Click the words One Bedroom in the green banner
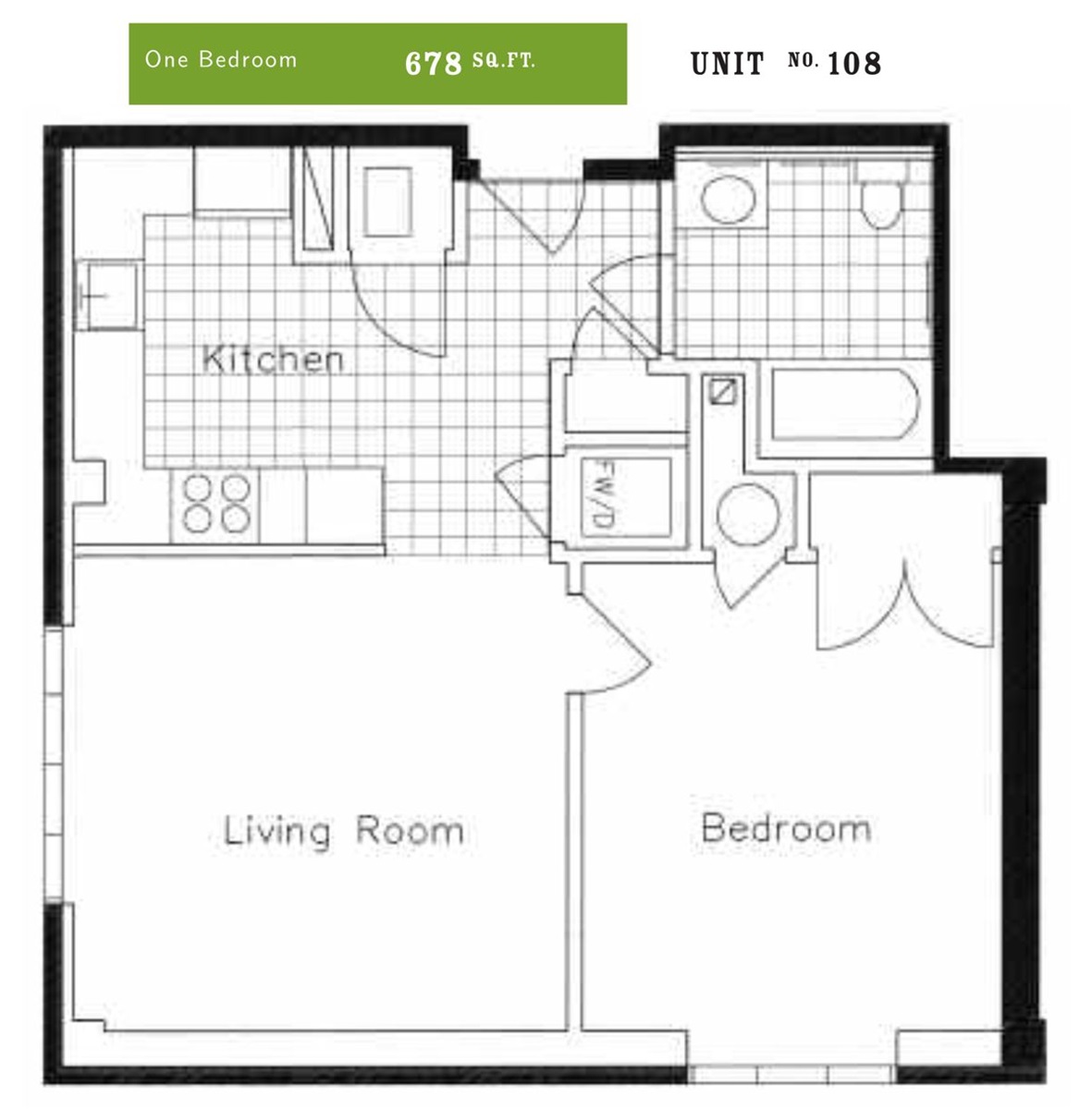221,59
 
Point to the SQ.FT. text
503,60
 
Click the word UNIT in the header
727,64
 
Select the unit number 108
854,64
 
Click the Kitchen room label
273,360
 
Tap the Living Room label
343,831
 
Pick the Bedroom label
786,828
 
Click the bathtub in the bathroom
844,406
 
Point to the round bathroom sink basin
728,199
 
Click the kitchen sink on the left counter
107,295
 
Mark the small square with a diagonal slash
722,392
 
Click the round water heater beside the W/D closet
749,514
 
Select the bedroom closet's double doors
905,604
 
